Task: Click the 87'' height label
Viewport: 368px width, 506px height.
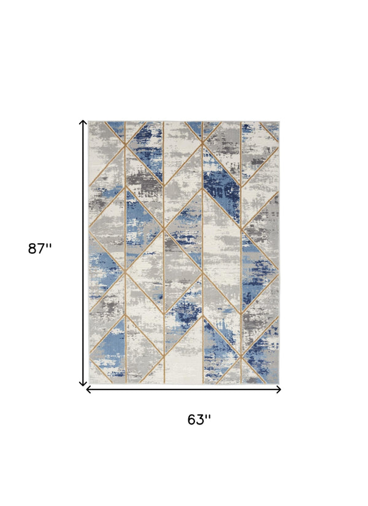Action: pos(40,249)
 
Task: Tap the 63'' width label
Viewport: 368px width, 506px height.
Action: pos(199,420)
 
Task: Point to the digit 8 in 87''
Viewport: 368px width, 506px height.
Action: pos(33,249)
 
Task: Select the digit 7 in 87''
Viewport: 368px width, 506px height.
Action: pos(41,249)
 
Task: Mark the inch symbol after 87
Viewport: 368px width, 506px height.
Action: pos(49,246)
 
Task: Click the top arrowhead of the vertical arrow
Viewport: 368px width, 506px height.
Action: pos(83,123)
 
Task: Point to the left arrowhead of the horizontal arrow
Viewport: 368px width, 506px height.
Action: pos(88,389)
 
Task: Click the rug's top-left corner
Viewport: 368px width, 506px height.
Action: pos(90,121)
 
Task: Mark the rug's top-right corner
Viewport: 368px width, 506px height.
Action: pos(279,121)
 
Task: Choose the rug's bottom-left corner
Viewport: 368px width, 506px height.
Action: pos(90,383)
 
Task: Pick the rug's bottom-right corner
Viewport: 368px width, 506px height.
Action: pos(279,383)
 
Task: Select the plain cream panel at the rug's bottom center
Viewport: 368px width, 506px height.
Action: pos(187,361)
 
